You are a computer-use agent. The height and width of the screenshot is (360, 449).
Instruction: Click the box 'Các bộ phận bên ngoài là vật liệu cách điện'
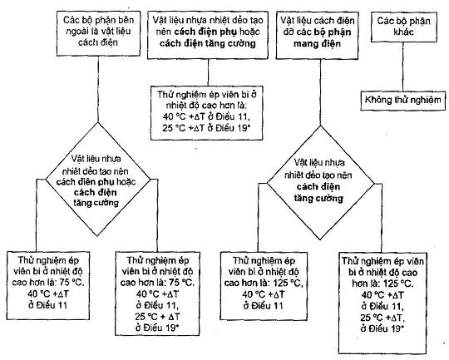point(98,33)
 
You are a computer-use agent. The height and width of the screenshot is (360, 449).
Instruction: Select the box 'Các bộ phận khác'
point(404,27)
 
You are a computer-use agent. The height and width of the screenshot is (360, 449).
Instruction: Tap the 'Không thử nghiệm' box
point(403,101)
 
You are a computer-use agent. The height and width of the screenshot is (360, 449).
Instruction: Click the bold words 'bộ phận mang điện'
point(323,37)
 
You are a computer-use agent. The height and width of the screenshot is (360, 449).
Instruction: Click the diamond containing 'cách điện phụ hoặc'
point(98,180)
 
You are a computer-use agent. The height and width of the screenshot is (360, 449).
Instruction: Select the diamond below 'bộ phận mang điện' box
point(320,182)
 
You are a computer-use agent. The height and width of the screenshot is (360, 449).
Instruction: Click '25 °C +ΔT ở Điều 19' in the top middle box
point(206,128)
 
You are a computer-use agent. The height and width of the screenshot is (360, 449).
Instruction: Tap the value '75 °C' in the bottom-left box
point(72,283)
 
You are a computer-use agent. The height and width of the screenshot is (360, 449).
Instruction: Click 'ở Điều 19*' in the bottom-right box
point(382,328)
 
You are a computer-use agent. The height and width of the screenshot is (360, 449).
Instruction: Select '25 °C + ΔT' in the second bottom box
point(157,317)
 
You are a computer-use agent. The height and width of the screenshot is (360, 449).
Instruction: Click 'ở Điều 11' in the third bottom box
point(263,306)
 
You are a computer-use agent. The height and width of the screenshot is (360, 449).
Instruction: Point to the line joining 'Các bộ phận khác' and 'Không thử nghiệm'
point(403,67)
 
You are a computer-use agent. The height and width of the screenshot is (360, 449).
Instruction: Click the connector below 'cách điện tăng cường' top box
point(208,72)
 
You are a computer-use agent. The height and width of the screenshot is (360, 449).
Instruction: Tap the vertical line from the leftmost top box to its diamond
point(98,89)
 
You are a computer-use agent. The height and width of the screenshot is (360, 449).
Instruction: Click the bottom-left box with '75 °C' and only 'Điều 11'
point(48,285)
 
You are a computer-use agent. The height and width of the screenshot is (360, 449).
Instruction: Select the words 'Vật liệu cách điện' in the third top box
point(318,21)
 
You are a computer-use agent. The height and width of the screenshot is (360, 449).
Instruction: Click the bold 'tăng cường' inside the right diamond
point(318,198)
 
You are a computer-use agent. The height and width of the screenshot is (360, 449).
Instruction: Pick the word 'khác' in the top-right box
point(403,32)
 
